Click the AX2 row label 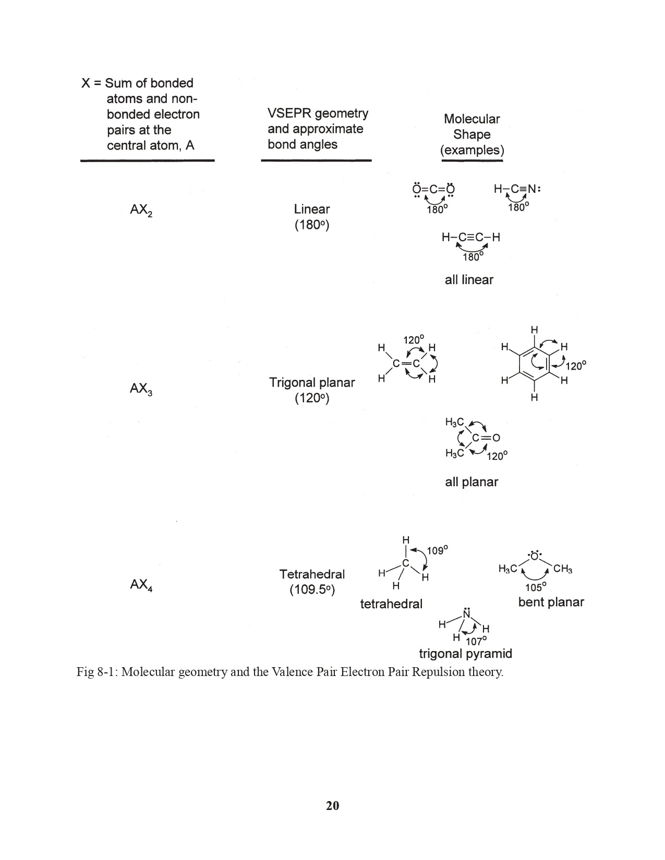tap(141, 210)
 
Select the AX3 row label tap(141, 389)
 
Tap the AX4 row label tap(141, 585)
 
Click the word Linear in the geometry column tap(311, 209)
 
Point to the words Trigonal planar tap(311, 383)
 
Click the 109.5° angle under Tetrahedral tap(311, 589)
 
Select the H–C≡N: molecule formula tap(517, 189)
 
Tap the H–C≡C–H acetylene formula tap(470, 237)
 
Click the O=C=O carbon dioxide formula tap(433, 189)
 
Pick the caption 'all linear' tap(469, 280)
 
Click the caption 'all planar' tap(471, 482)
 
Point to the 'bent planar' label tap(551, 602)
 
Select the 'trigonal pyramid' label tap(465, 654)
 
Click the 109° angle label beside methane tap(437, 550)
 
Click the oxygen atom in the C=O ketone tap(495, 438)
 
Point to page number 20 tap(332, 805)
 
